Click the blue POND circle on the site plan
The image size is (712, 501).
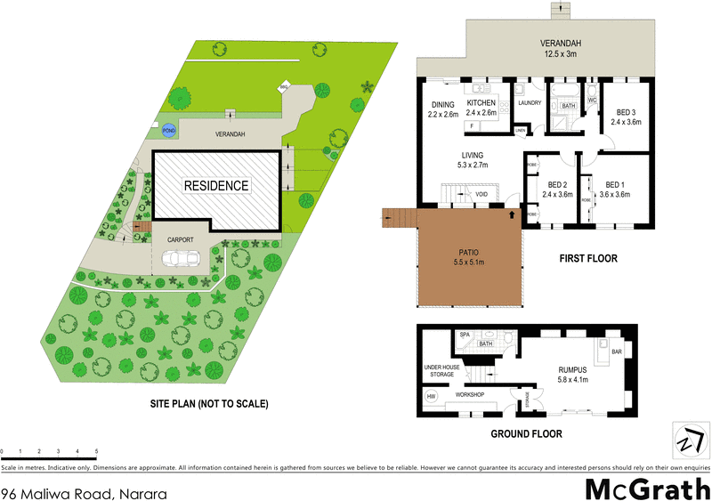[x=168, y=130]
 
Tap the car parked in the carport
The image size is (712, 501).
[x=180, y=258]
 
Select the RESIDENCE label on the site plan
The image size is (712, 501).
[x=216, y=186]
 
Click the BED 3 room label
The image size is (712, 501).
[x=627, y=112]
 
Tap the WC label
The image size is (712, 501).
[x=590, y=101]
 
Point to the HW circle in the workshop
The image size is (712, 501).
[x=432, y=397]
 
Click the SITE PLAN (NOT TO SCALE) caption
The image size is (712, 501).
[x=209, y=403]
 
